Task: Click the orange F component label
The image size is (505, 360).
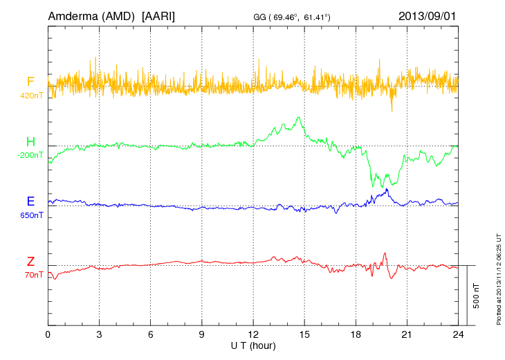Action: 30,82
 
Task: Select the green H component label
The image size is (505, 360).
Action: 30,143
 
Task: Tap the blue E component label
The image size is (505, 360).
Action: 30,202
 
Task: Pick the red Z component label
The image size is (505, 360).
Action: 30,262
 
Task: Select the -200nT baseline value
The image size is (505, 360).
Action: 30,156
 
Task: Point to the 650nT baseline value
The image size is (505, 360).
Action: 32,215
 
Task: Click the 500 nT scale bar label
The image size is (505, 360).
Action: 477,296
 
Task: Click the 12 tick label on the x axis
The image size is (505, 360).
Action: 253,334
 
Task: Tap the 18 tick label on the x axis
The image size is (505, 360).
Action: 356,334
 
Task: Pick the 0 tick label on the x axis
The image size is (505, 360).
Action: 48,334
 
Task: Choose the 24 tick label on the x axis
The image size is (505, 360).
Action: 458,334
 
